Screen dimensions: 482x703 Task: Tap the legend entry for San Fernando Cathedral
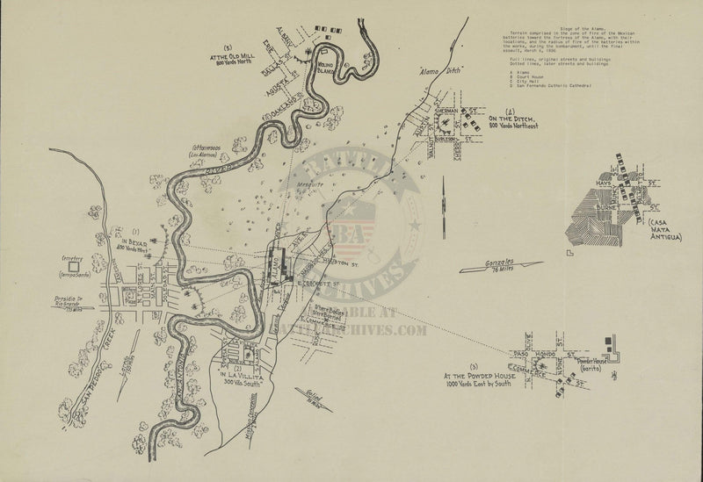pyautogui.click(x=551, y=85)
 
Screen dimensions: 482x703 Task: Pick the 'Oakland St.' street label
pyautogui.click(x=274, y=112)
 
